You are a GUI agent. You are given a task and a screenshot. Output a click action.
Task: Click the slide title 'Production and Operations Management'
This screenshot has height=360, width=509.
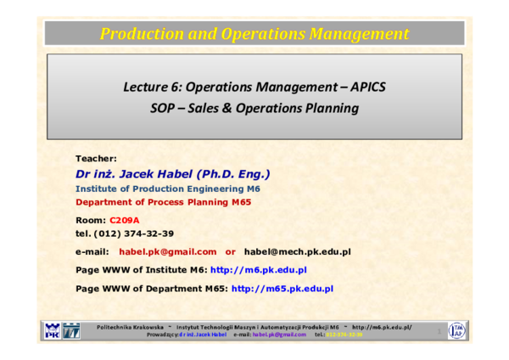tap(255, 34)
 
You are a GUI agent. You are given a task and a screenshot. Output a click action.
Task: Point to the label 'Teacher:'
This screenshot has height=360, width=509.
tap(96, 159)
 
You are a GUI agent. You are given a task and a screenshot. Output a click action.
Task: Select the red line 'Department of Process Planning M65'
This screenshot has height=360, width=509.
tap(164, 203)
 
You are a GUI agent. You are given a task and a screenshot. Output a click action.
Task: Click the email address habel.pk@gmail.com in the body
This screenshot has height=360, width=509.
tap(167, 252)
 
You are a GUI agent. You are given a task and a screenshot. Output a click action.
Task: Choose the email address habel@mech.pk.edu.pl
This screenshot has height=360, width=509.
tap(297, 252)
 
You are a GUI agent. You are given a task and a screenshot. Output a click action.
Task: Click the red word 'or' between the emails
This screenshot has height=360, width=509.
tap(230, 252)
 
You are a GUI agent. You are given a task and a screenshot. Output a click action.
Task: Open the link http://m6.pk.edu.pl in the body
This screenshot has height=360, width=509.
tap(258, 270)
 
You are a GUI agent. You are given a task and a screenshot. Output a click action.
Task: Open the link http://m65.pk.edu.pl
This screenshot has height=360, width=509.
tap(282, 289)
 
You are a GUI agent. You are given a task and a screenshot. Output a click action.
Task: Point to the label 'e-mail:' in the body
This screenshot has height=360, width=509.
tap(92, 252)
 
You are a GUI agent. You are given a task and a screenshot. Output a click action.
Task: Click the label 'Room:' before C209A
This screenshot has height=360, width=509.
tap(91, 220)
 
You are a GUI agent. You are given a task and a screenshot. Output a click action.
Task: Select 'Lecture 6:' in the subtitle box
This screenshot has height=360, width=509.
tap(152, 87)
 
